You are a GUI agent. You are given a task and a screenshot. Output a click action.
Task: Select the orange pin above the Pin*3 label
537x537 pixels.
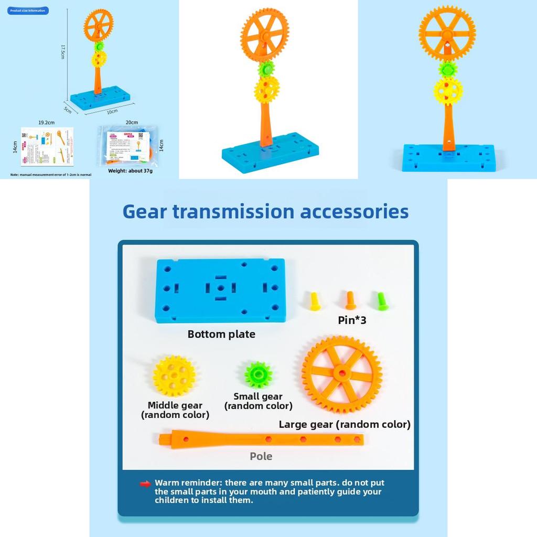pyautogui.click(x=350, y=300)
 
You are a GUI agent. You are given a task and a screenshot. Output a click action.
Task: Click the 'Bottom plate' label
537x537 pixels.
pyautogui.click(x=221, y=334)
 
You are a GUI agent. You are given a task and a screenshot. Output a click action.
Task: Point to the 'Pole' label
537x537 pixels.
pyautogui.click(x=261, y=456)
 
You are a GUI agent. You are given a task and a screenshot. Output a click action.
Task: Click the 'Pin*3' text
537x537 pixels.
pyautogui.click(x=352, y=320)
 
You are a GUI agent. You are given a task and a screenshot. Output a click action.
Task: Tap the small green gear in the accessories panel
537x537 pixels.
pyautogui.click(x=258, y=374)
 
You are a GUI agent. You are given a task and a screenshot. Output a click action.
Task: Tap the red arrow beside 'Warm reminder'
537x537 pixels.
pyautogui.click(x=145, y=484)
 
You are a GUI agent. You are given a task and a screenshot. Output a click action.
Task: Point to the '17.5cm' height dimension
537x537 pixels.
pyautogui.click(x=62, y=51)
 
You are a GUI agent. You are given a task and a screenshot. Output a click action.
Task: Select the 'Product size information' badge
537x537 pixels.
pyautogui.click(x=28, y=10)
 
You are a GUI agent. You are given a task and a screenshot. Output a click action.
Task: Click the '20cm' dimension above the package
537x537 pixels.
pyautogui.click(x=132, y=123)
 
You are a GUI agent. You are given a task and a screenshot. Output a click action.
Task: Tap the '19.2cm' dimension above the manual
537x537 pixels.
pyautogui.click(x=47, y=123)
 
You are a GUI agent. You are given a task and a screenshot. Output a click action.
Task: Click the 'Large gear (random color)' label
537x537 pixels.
pyautogui.click(x=345, y=424)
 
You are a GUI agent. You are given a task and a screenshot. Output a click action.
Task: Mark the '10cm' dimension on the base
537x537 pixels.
pyautogui.click(x=113, y=111)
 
